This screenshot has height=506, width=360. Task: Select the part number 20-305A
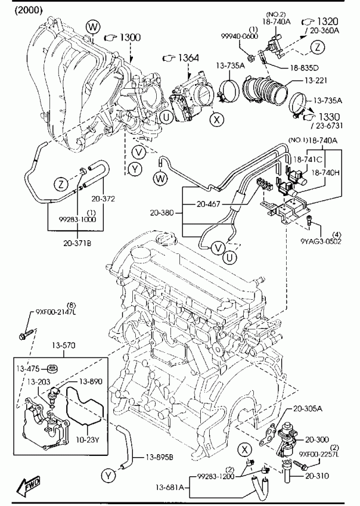pyautogui.click(x=308, y=409)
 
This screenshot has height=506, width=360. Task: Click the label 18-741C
pyautogui.click(x=308, y=159)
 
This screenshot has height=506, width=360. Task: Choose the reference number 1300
pyautogui.click(x=130, y=38)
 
